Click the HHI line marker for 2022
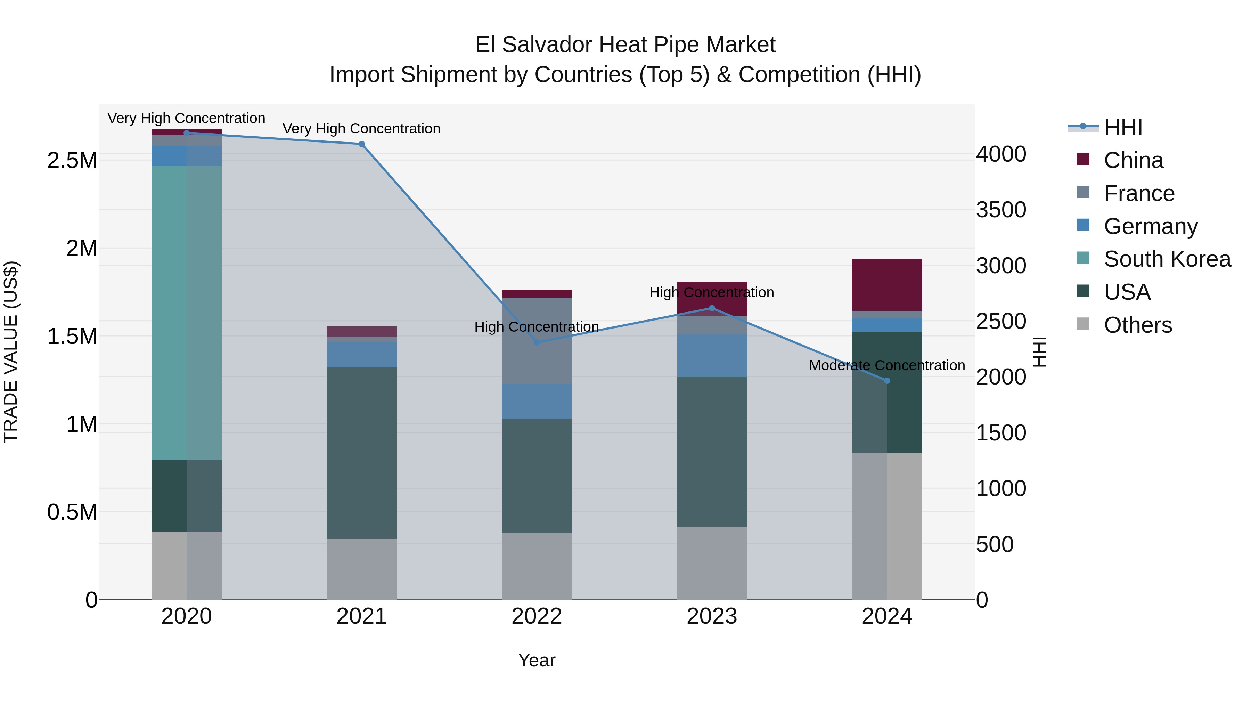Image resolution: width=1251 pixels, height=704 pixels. tap(537, 342)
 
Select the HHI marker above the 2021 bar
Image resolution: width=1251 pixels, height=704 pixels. tap(361, 144)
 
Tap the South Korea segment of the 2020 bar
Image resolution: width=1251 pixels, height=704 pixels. tap(187, 313)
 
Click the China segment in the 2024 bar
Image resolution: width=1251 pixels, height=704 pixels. tap(887, 285)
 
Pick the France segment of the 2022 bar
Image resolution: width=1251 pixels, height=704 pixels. tap(537, 341)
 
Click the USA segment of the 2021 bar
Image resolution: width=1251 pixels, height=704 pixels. tap(361, 452)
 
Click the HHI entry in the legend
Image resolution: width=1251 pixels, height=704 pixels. tap(1123, 127)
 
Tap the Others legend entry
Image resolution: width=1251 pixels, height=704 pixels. tap(1137, 325)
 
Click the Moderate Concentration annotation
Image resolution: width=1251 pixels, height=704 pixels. tap(887, 365)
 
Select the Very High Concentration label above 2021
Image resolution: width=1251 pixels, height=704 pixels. tap(361, 129)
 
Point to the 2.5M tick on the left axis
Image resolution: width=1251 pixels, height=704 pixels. tap(72, 160)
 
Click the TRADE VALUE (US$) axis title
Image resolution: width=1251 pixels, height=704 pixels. tap(11, 352)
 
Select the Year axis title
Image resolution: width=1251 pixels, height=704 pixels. tap(536, 660)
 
